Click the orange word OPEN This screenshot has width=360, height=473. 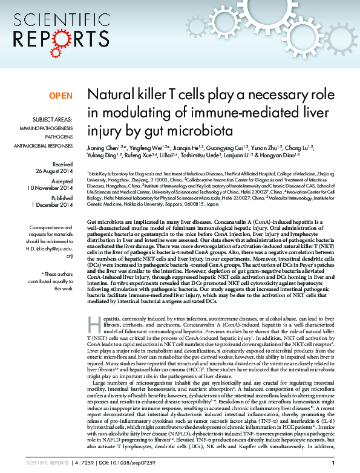[x=61, y=96]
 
